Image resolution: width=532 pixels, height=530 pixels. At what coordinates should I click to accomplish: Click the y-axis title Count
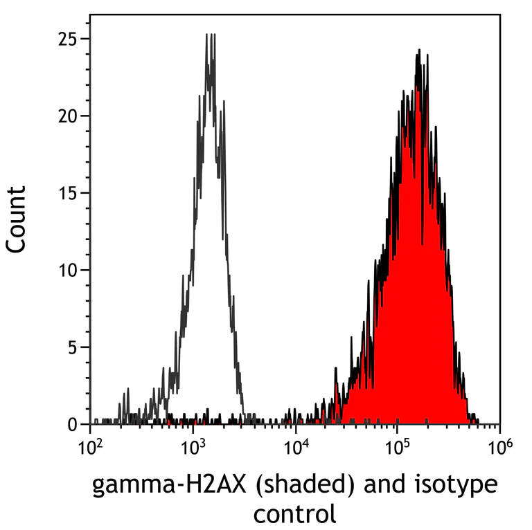[x=18, y=219]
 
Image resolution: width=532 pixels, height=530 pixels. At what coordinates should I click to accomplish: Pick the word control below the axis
[x=294, y=513]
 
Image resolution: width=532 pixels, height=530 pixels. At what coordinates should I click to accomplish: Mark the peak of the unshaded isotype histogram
[x=211, y=36]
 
